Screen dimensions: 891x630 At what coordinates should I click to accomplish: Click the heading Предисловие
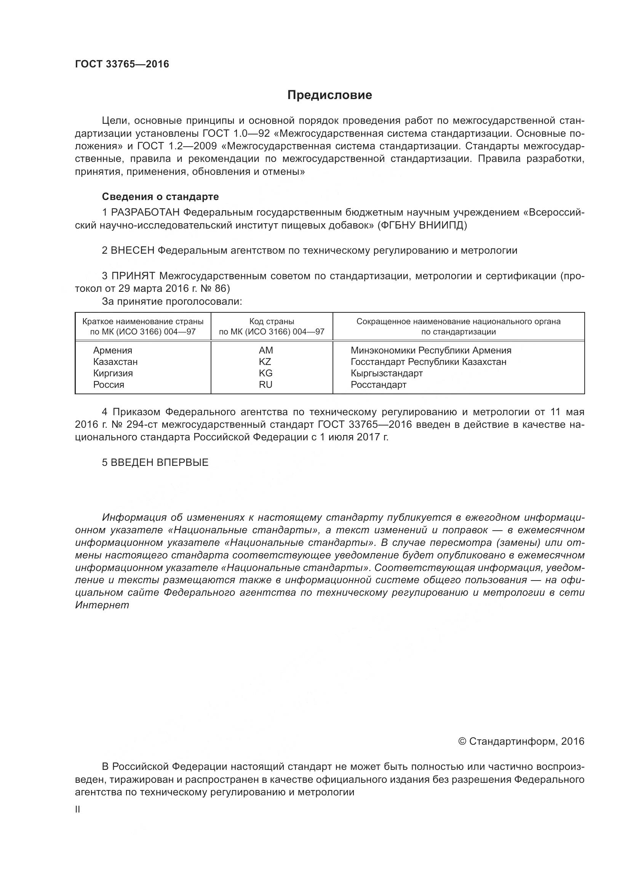[x=329, y=95]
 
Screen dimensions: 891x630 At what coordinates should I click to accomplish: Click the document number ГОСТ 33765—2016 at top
[x=122, y=64]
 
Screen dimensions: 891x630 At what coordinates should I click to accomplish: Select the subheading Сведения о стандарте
[x=160, y=197]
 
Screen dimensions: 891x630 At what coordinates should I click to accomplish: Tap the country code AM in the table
[x=266, y=350]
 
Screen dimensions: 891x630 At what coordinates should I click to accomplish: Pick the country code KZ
[x=265, y=362]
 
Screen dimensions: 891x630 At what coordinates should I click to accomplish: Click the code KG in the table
[x=266, y=373]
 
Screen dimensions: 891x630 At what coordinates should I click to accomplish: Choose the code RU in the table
[x=266, y=385]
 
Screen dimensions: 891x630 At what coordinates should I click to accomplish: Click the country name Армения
[x=112, y=350]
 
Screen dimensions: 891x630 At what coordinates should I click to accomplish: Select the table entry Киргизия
[x=113, y=373]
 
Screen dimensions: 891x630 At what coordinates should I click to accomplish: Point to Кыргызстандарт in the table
[x=386, y=373]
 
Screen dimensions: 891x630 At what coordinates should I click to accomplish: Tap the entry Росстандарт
[x=378, y=385]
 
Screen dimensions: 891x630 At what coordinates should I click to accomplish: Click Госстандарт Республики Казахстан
[x=428, y=362]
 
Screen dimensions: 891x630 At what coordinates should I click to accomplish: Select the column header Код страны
[x=272, y=322]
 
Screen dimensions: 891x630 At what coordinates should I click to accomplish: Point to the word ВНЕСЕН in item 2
[x=133, y=250]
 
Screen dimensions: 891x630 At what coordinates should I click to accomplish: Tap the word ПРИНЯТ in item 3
[x=133, y=276]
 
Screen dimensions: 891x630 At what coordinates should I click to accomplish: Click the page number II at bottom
[x=78, y=809]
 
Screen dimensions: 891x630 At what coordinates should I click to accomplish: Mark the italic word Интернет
[x=102, y=605]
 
